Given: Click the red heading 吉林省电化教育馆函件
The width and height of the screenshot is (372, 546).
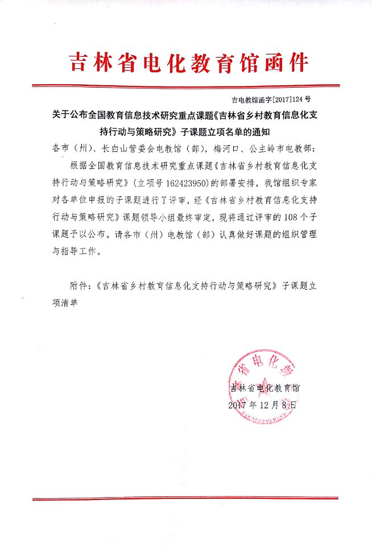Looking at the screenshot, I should click(x=187, y=61).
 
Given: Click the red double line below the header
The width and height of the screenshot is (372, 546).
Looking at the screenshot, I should click(x=186, y=86).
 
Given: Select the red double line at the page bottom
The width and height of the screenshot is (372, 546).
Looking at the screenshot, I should click(x=186, y=498).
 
